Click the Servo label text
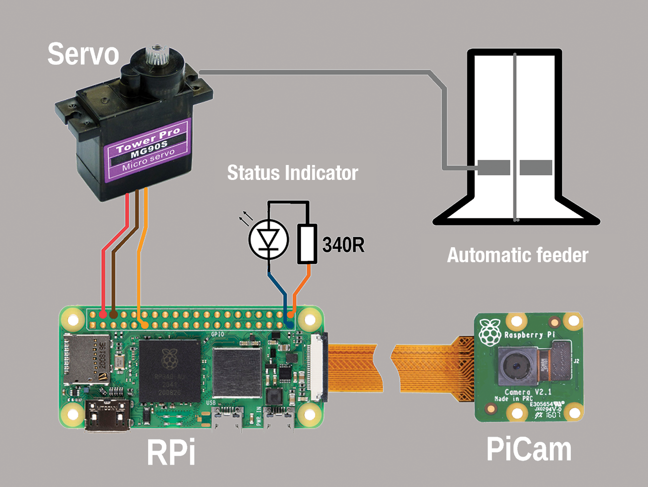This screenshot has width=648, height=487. (83, 54)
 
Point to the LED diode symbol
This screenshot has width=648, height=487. (269, 239)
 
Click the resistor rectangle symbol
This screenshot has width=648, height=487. (307, 244)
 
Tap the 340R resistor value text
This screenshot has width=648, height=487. (343, 245)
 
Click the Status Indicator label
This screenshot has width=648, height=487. (293, 173)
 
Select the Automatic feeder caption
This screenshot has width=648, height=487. (517, 255)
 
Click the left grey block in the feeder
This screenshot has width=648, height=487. (494, 167)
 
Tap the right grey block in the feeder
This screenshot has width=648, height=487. (536, 167)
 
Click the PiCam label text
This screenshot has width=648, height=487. (528, 449)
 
